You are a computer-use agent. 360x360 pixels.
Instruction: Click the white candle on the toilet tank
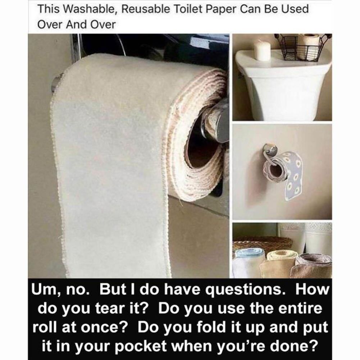[262, 51]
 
